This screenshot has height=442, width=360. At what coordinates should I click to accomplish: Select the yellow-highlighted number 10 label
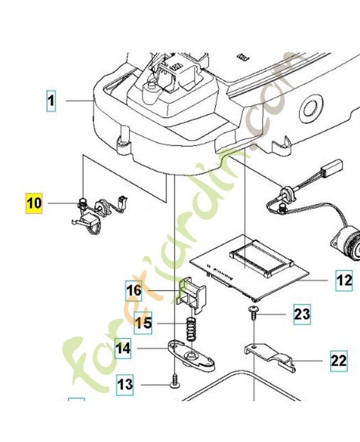[34, 203]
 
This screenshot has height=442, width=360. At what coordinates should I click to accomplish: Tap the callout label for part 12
[343, 281]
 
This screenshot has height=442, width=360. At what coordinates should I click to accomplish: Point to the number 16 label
[134, 290]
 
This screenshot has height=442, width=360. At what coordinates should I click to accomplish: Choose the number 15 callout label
[143, 322]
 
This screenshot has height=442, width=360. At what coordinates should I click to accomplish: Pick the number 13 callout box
[125, 384]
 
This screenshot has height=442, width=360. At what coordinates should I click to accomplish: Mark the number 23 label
[301, 314]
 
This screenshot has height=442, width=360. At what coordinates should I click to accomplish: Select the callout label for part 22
[338, 361]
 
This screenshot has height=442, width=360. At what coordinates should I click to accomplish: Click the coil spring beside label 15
[190, 332]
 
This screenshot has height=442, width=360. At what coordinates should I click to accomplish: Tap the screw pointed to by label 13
[175, 383]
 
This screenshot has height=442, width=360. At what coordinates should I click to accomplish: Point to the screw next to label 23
[253, 312]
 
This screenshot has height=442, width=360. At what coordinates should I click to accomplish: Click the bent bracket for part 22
[271, 357]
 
